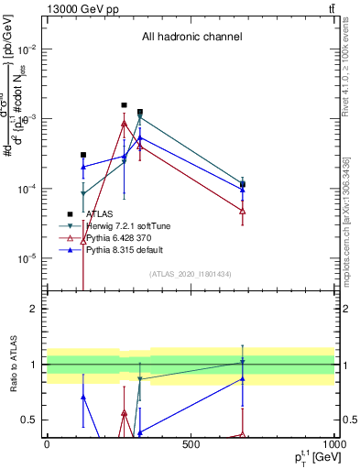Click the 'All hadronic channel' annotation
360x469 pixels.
coord(191,38)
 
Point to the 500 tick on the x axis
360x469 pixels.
coord(191,444)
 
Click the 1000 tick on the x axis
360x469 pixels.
coord(333,444)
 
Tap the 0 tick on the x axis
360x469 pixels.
coord(48,444)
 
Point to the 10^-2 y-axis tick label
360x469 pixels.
coord(24,49)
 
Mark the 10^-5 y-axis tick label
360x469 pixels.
coord(24,258)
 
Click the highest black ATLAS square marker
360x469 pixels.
coord(125,105)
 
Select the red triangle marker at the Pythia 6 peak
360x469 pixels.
coord(125,123)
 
